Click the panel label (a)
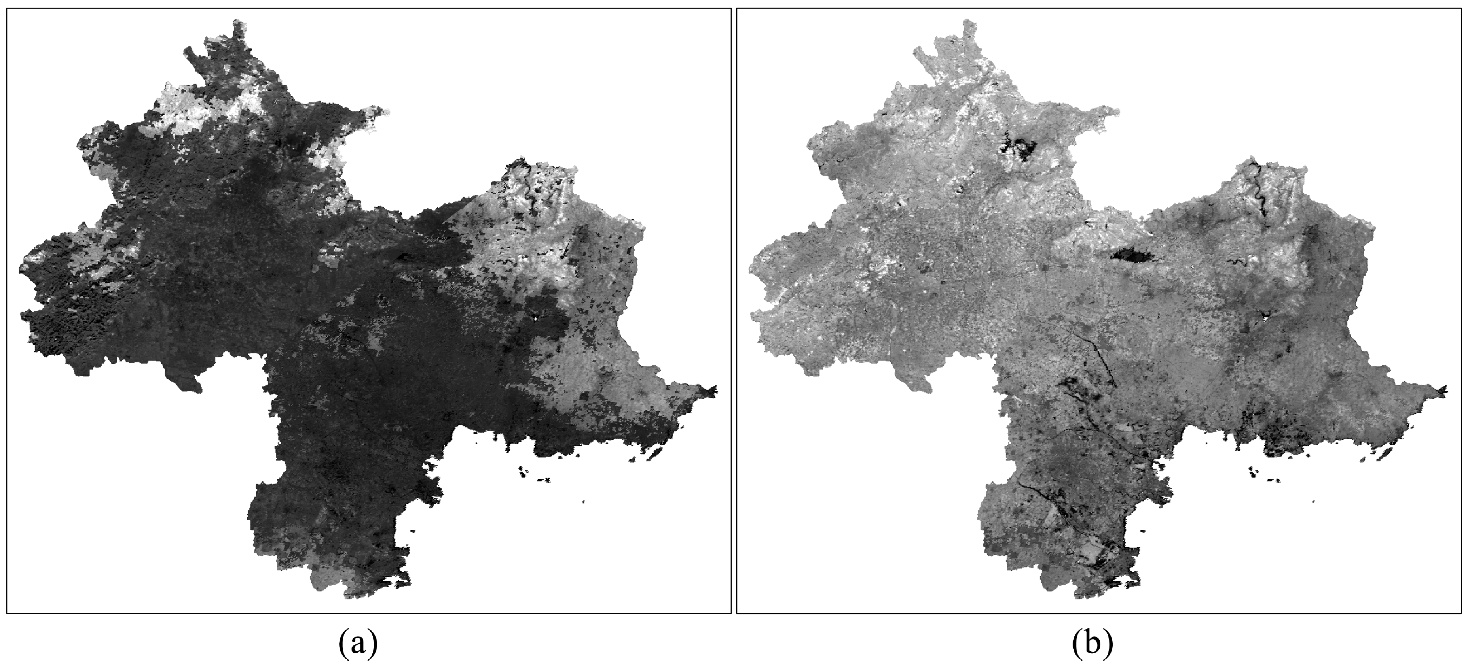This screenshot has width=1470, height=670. click(358, 644)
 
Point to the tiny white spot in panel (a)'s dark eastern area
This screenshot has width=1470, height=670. click(535, 318)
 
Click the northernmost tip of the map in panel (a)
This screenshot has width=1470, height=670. click(236, 22)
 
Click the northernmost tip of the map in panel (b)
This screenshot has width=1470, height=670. click(967, 22)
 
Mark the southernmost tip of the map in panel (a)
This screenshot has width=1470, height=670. click(349, 596)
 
